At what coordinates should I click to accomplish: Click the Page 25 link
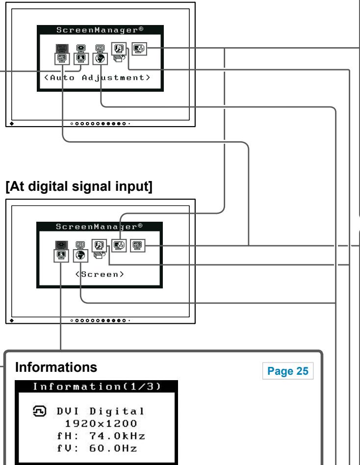287,371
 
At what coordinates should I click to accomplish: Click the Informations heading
56,367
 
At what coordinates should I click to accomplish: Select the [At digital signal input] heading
79,186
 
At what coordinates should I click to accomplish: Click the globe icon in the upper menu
100,58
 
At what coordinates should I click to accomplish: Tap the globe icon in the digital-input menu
80,256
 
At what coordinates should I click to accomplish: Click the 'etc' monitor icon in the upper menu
62,58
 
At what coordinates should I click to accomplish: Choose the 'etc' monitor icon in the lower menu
138,246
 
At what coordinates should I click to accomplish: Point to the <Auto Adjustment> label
97,77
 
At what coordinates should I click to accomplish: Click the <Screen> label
100,274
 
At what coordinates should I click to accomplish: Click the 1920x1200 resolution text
101,423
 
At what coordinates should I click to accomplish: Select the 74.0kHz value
117,436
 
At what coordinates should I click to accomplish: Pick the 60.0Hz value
113,448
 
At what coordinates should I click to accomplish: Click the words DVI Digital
101,412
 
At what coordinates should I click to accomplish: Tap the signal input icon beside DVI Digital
39,411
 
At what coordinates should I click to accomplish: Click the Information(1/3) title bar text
97,387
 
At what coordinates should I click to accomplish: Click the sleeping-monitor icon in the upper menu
139,49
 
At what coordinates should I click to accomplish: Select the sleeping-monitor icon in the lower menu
119,245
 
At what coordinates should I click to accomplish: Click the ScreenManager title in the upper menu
100,30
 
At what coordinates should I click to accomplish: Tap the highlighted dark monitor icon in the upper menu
62,48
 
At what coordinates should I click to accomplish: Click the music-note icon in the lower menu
99,246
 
